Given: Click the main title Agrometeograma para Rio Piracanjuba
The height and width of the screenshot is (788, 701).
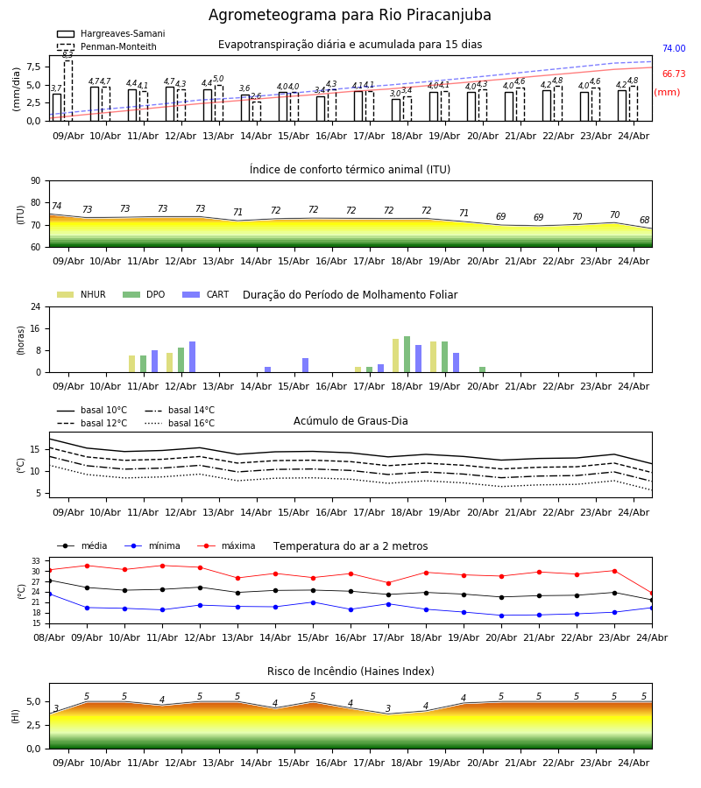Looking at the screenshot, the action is click(350, 15).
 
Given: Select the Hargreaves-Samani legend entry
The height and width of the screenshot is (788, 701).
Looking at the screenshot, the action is click(111, 33).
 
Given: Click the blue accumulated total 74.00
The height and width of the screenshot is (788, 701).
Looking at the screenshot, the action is click(674, 49).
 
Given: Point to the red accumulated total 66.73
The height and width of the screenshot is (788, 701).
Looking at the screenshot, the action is click(674, 74).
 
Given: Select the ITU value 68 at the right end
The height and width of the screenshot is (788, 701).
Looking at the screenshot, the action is click(645, 220).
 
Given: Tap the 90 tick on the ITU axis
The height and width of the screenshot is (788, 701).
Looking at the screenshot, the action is click(36, 181).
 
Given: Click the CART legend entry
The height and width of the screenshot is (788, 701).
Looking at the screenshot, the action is click(206, 294).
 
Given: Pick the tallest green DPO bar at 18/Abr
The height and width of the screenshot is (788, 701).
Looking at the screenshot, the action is click(407, 355).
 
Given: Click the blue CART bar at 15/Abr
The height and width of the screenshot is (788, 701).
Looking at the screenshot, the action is click(305, 365).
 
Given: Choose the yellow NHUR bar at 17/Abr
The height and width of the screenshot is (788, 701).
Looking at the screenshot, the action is click(358, 369).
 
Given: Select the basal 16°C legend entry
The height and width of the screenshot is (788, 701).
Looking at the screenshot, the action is click(180, 423).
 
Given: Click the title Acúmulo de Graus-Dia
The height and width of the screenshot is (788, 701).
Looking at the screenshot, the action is click(350, 421).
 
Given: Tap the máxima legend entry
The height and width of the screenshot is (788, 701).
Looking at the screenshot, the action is click(226, 545).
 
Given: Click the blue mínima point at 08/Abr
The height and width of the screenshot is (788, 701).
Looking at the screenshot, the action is click(49, 594).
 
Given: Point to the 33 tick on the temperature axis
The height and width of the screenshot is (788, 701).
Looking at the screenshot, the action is click(36, 561).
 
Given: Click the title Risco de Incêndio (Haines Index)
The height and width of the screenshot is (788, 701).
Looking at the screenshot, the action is click(350, 672).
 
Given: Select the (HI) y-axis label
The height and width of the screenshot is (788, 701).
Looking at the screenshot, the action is click(16, 716).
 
